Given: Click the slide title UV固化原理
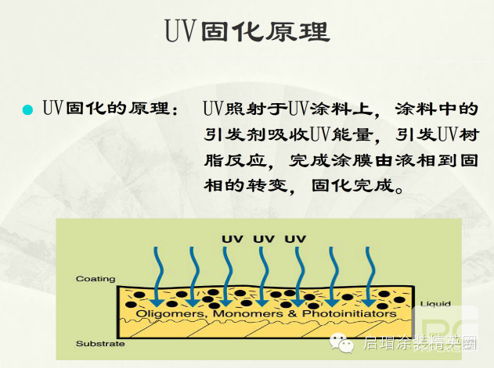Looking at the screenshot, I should coord(247,31).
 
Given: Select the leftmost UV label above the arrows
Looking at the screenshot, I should coord(233,238).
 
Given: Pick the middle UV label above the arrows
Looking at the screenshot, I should coord(264,238).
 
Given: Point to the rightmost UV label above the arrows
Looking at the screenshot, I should coord(295,238).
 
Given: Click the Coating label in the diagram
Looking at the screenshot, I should coord(96,279).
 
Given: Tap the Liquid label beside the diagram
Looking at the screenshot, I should coord(436,303).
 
